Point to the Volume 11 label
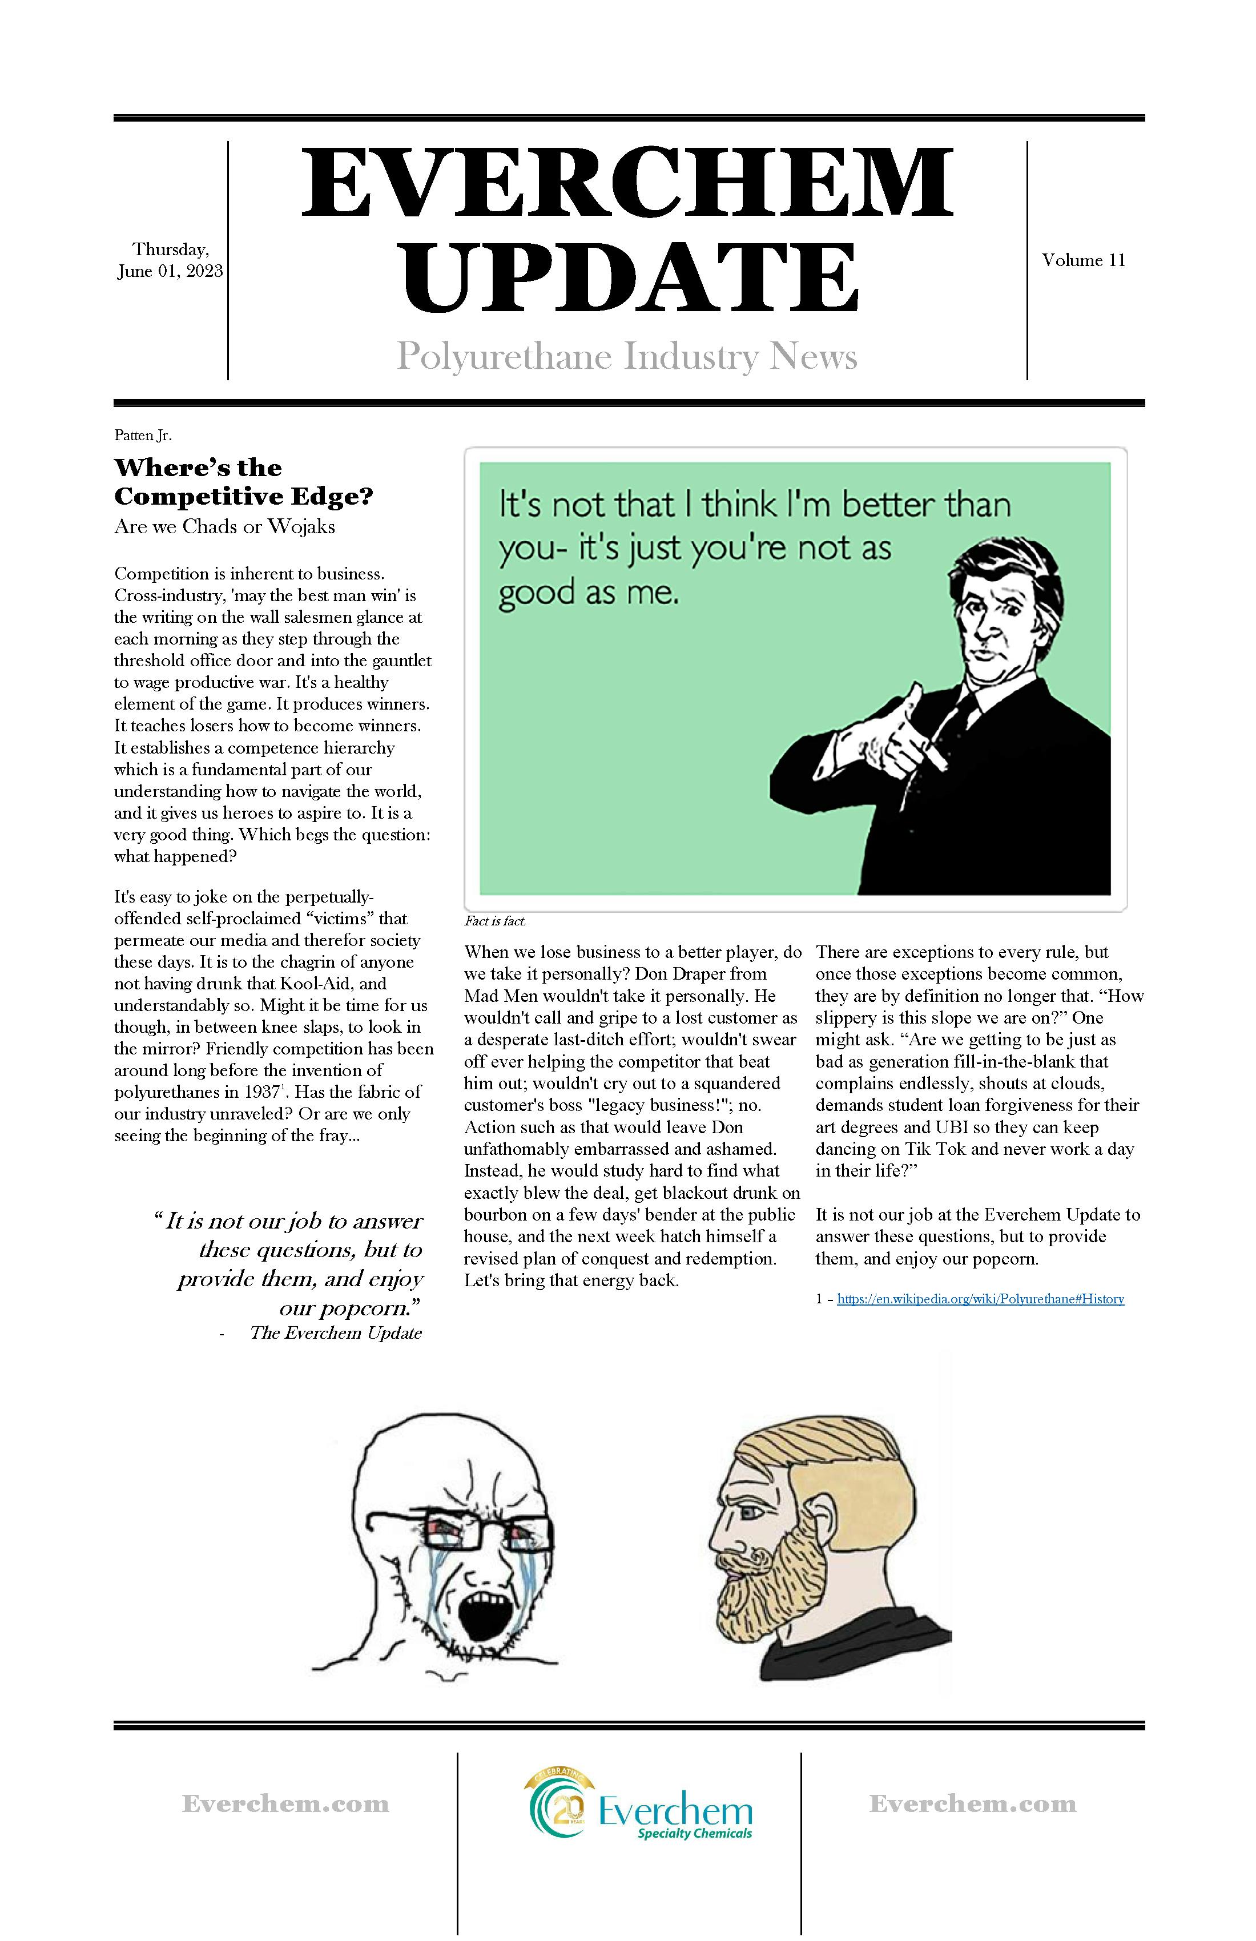[x=1083, y=260]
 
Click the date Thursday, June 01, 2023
[x=170, y=260]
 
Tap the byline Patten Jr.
[x=143, y=436]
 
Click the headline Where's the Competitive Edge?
[x=243, y=482]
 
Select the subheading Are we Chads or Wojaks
[x=224, y=527]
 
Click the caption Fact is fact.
[x=495, y=921]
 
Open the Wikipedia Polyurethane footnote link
[x=980, y=1299]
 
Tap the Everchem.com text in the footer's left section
[x=285, y=1803]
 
